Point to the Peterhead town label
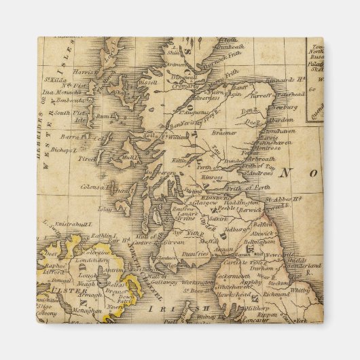coord(291,94)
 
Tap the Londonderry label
coord(77,259)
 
